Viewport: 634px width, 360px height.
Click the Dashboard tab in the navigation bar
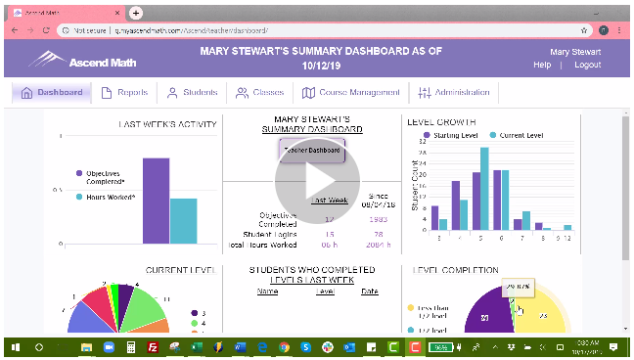pos(54,93)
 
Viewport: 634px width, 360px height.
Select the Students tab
pos(192,93)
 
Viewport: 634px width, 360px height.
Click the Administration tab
pos(454,93)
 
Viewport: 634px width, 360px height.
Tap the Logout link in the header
pos(587,65)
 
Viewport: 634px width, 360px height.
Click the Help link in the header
pos(542,65)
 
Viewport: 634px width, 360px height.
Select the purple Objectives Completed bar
pos(156,200)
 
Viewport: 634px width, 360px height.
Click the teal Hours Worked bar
pos(183,220)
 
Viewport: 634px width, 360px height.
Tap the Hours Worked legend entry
pos(109,197)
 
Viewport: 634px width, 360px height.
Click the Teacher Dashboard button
pos(311,151)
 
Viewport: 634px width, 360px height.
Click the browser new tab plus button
pos(136,12)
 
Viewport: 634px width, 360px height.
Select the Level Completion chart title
pos(455,270)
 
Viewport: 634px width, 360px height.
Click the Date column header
pos(369,291)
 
